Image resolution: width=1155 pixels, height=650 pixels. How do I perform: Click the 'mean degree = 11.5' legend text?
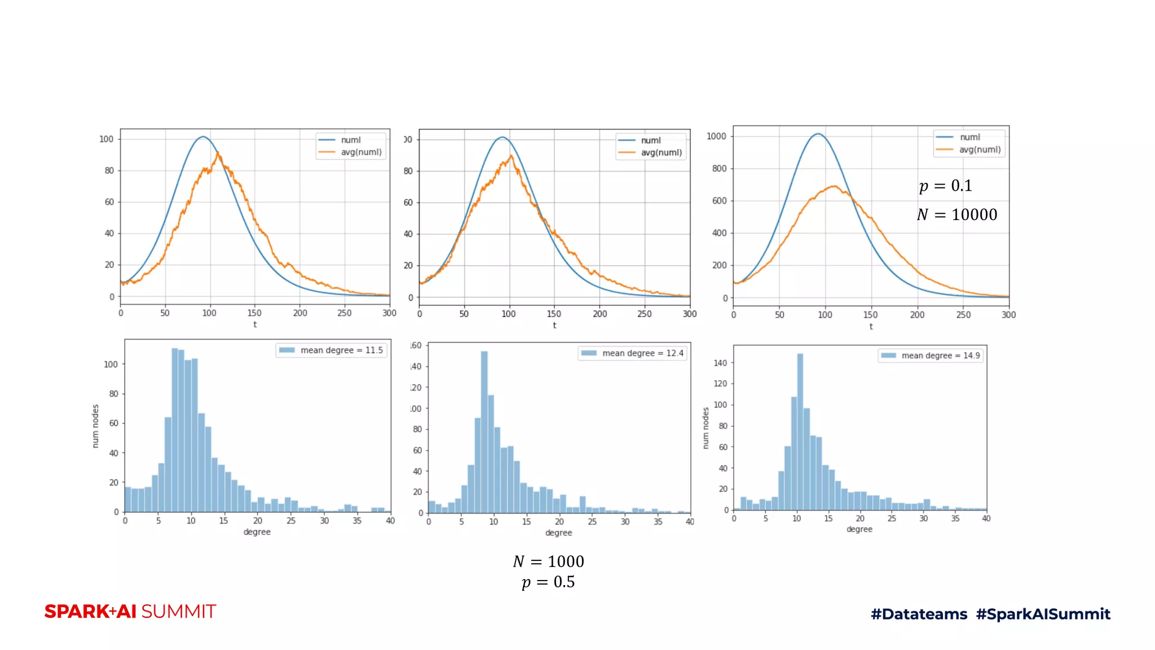pyautogui.click(x=341, y=350)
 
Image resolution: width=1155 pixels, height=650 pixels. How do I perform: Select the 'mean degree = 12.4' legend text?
pyautogui.click(x=642, y=353)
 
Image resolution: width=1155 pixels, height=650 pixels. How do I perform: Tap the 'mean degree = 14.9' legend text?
pyautogui.click(x=940, y=355)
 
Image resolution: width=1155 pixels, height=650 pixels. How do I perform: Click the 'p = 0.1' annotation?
pyautogui.click(x=945, y=186)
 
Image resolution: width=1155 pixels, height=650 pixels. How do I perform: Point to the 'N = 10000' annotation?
pyautogui.click(x=956, y=214)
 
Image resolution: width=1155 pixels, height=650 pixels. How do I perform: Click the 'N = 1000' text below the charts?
pyautogui.click(x=548, y=561)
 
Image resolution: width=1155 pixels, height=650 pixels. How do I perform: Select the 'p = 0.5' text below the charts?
pyautogui.click(x=548, y=582)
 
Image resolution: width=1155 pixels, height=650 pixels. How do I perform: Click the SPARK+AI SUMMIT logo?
pyautogui.click(x=130, y=612)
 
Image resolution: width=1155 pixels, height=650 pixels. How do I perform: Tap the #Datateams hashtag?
pyautogui.click(x=919, y=614)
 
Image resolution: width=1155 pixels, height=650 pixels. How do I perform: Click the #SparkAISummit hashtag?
pyautogui.click(x=1043, y=614)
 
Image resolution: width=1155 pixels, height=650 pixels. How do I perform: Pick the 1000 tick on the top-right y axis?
pyautogui.click(x=716, y=136)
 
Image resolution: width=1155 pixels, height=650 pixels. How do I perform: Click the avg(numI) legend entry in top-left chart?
pyautogui.click(x=361, y=152)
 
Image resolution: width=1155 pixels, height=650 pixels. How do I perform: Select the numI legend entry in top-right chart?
pyautogui.click(x=969, y=137)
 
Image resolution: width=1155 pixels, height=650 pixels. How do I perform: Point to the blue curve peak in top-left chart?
pyautogui.click(x=203, y=137)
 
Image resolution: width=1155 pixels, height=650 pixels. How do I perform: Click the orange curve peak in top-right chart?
pyautogui.click(x=833, y=186)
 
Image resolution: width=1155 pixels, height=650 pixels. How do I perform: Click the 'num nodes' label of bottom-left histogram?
pyautogui.click(x=95, y=426)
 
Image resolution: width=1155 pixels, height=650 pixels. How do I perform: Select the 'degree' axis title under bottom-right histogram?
pyautogui.click(x=859, y=529)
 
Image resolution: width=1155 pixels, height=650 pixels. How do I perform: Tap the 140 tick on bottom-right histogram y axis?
pyautogui.click(x=720, y=363)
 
